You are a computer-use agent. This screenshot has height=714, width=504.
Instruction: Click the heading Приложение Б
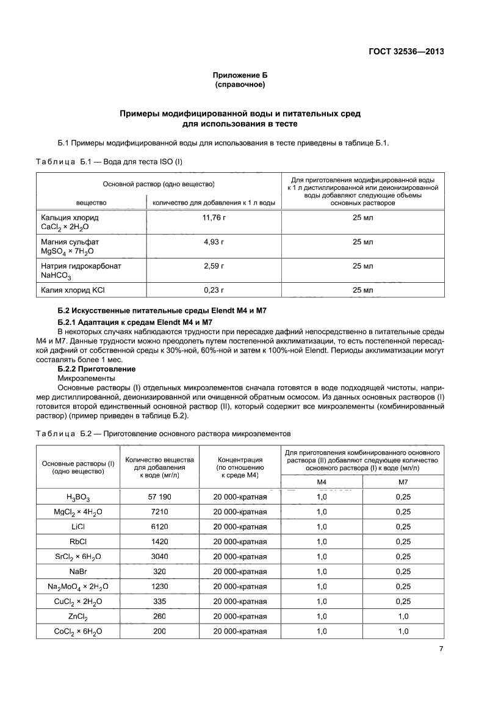[240, 75]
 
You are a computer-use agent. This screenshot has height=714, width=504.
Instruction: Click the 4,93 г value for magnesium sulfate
[214, 242]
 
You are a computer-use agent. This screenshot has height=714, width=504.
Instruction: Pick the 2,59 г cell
[214, 266]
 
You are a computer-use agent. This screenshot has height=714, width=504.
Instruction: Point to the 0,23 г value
[214, 290]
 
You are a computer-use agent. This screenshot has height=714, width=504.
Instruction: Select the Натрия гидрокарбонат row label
[81, 266]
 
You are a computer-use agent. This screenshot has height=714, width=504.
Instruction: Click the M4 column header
[322, 482]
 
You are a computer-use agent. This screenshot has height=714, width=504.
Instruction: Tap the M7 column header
[403, 482]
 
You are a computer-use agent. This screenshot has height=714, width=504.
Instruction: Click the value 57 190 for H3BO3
[159, 497]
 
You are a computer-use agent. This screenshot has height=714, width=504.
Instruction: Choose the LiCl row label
[77, 526]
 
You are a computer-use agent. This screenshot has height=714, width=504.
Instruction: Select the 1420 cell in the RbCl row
[159, 541]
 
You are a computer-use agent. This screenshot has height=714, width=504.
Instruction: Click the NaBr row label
[77, 571]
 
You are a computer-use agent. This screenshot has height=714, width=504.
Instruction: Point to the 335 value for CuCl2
[159, 601]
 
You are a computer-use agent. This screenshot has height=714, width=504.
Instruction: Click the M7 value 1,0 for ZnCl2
[403, 616]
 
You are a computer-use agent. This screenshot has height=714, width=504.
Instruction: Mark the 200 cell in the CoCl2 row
[159, 631]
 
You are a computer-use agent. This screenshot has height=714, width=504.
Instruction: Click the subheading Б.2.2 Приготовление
[96, 370]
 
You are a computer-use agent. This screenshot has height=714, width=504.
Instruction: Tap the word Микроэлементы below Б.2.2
[87, 378]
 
